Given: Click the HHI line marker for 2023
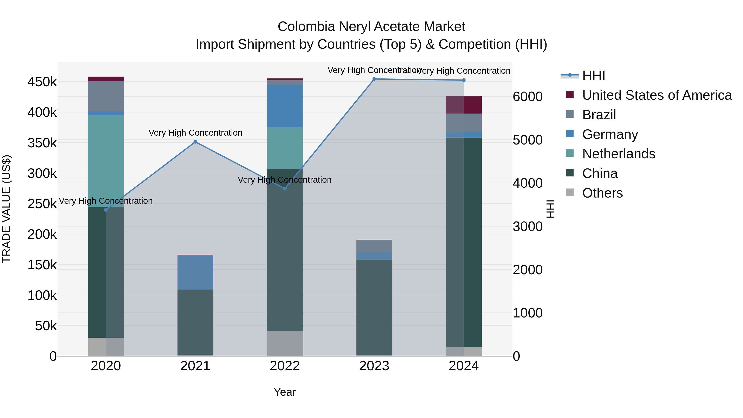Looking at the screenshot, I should click(374, 79).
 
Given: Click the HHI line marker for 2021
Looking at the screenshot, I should click(195, 142).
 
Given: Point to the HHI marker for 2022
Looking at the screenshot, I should click(285, 189).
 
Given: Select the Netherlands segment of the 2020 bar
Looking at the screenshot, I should click(106, 161).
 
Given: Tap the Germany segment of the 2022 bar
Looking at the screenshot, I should click(285, 105).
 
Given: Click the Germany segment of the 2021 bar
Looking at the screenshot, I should click(195, 272).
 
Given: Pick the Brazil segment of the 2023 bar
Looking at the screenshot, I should click(374, 246).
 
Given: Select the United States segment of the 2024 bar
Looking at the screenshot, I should click(464, 105).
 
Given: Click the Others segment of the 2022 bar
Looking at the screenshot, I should click(285, 343).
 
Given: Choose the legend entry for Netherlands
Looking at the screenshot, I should click(618, 154).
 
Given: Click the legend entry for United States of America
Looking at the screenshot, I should click(657, 95).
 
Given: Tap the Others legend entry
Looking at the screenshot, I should click(602, 193).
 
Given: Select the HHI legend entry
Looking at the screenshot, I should click(593, 76).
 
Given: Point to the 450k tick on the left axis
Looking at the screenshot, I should click(42, 82).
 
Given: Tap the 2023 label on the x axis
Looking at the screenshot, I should click(374, 366).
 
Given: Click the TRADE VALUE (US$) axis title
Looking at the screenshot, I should click(6, 209).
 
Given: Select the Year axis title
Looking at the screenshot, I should click(285, 392).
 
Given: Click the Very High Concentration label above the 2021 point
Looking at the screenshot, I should click(195, 133).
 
